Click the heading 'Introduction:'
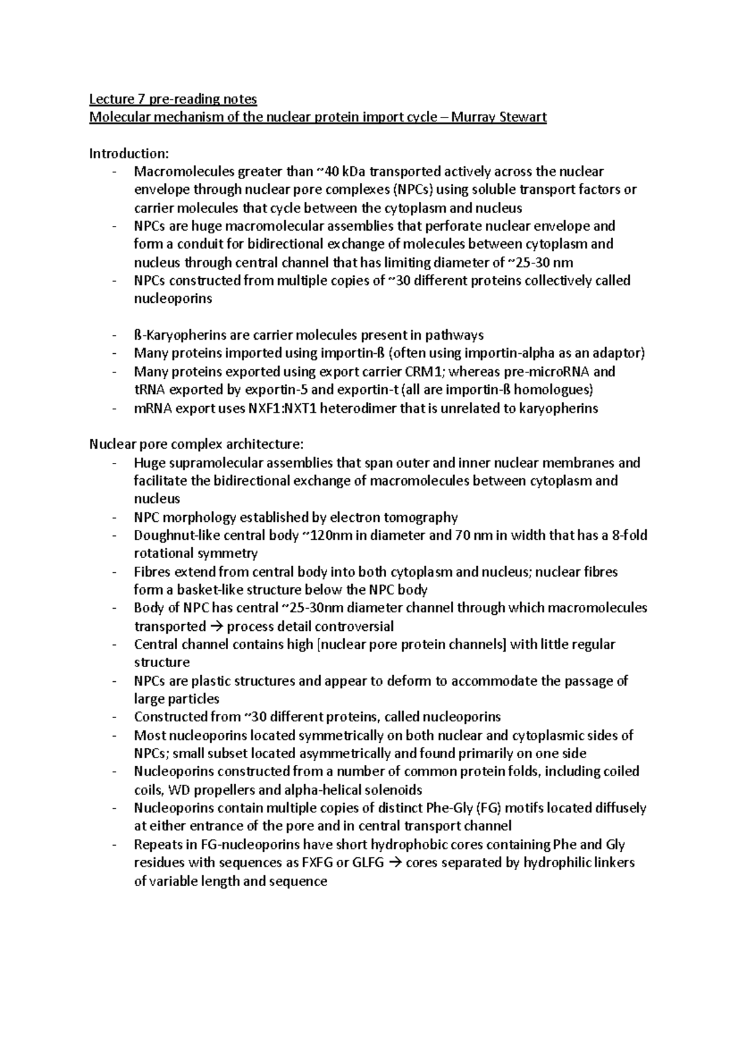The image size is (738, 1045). [128, 153]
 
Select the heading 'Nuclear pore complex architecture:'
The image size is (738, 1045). [196, 444]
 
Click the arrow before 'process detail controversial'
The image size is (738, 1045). [216, 627]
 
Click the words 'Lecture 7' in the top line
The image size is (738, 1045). [113, 99]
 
